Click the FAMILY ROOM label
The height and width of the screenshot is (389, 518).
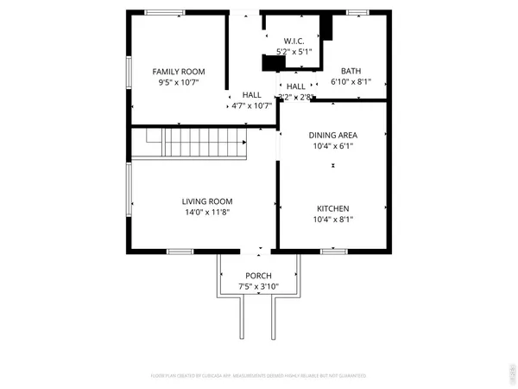point(179,71)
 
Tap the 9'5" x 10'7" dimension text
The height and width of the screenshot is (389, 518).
point(179,83)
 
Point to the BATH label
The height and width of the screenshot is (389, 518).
point(351,71)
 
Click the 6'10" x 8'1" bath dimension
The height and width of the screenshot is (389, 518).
point(351,83)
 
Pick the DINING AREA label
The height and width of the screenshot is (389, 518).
point(332,135)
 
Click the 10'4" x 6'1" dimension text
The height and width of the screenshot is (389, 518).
point(332,146)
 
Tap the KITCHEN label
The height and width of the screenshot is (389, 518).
point(332,208)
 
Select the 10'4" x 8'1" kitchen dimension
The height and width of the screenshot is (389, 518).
point(332,220)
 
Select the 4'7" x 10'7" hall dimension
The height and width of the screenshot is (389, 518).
point(251,105)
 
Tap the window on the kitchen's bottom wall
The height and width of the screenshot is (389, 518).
point(333,252)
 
